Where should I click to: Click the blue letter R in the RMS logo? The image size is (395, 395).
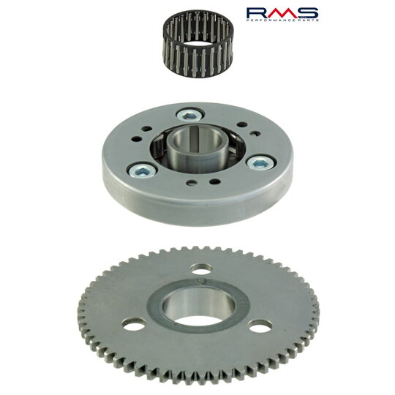point(258,13)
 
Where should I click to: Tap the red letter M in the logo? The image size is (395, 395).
point(282,13)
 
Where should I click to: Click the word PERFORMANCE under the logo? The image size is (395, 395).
point(273,20)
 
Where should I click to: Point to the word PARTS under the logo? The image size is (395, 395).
point(309,20)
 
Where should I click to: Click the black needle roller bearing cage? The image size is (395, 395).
point(198,43)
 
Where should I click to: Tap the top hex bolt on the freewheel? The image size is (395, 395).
point(189,116)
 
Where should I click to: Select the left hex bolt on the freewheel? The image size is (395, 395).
point(142,171)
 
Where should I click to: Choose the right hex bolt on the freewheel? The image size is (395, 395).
point(260,164)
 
